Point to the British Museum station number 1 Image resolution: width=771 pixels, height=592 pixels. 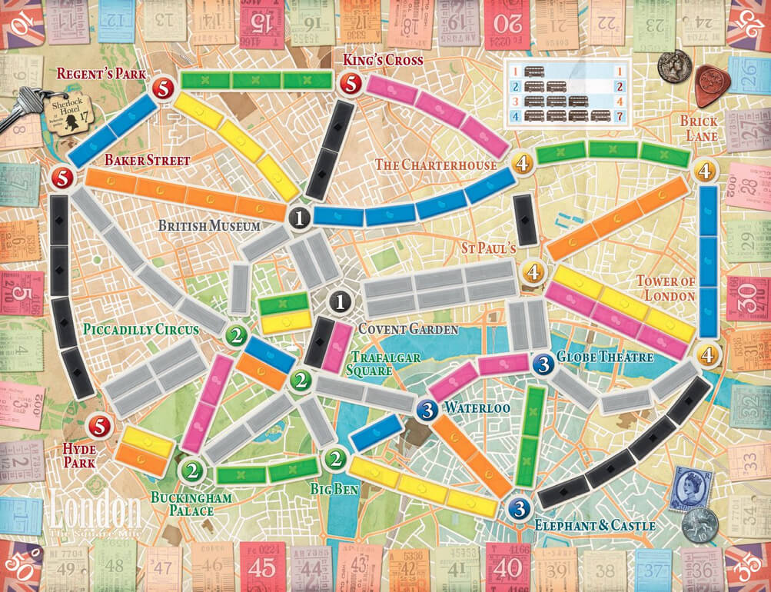click(x=299, y=218)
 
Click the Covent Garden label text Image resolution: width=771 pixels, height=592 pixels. click(x=407, y=329)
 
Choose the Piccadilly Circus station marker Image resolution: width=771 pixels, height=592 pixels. click(x=235, y=335)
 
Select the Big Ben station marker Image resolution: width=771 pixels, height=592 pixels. click(x=334, y=460)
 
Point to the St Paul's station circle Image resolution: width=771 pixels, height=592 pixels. click(x=533, y=271)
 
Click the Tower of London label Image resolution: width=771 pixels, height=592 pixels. click(x=665, y=288)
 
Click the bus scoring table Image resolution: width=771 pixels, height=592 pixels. click(x=567, y=95)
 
